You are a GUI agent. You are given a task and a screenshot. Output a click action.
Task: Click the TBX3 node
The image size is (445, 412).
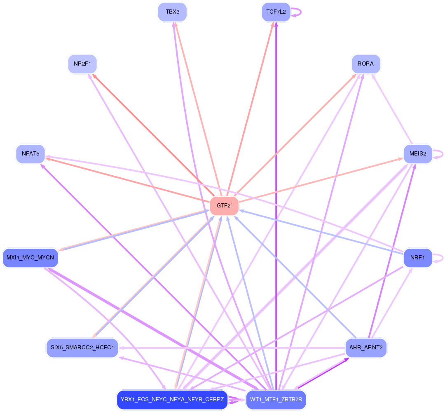pos(172,12)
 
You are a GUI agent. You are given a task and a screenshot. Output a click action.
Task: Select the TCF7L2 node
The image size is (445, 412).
pos(276,12)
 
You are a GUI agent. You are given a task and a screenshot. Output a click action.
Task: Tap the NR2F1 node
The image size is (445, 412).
pos(82,64)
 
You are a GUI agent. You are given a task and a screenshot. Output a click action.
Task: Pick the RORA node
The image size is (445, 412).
pos(365,64)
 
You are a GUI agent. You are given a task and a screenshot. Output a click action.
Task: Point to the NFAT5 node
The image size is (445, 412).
pos(30,154)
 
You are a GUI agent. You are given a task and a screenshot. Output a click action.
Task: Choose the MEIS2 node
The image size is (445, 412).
pos(418,154)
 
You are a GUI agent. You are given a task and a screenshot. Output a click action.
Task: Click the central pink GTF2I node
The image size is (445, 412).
pos(224,205)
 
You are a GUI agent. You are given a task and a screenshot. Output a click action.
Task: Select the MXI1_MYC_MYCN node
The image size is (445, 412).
pos(30,258)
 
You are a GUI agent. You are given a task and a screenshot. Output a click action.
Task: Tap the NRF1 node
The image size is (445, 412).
pos(418,258)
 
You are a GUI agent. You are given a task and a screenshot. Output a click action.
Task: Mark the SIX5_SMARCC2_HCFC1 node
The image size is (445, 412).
pos(82,348)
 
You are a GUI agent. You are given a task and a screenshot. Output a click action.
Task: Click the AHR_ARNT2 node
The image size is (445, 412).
pos(365,348)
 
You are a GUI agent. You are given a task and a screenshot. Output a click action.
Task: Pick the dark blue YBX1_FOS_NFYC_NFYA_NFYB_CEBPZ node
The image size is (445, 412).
pos(172,400)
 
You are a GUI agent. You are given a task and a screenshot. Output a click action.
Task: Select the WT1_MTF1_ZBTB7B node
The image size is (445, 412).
pos(276,400)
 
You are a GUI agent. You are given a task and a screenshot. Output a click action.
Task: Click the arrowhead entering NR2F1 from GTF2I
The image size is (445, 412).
pos(94,75)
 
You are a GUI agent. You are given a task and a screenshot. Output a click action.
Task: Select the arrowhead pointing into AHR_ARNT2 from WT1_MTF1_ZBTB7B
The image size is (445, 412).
pos(347,359)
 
